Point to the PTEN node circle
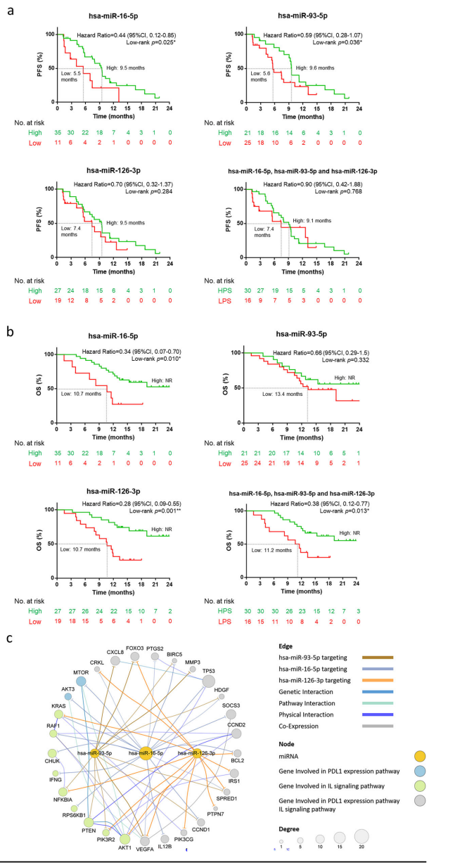[x=89, y=821]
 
